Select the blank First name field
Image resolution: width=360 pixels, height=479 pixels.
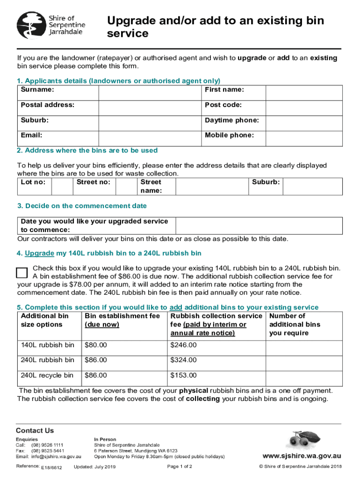coord(303,92)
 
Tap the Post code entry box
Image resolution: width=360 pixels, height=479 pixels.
coord(303,108)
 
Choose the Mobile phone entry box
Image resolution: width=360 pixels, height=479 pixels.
coord(303,138)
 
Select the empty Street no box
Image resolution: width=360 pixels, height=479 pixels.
coord(125,186)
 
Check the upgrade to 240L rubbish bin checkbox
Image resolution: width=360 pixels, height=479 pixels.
coord(22,274)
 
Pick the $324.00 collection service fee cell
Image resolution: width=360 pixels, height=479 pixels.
coord(183,360)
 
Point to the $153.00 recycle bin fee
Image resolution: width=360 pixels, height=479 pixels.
coord(183,375)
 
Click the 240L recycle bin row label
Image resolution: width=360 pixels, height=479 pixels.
coord(47,375)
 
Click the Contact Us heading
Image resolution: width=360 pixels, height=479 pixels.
coord(35,430)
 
